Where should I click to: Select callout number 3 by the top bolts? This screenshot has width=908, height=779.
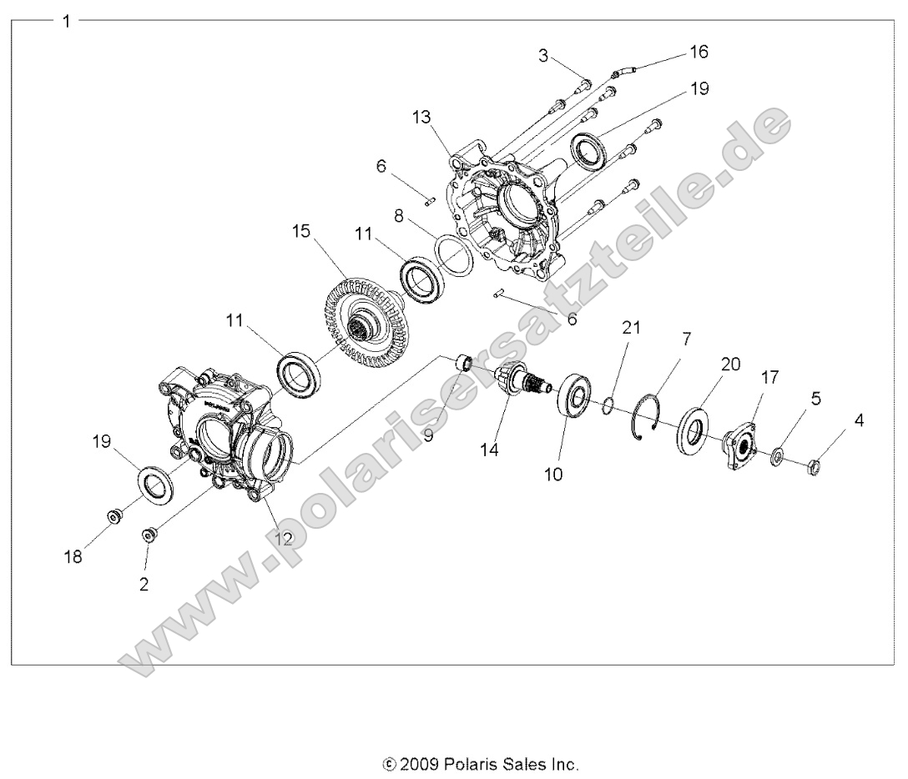[x=542, y=57]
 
